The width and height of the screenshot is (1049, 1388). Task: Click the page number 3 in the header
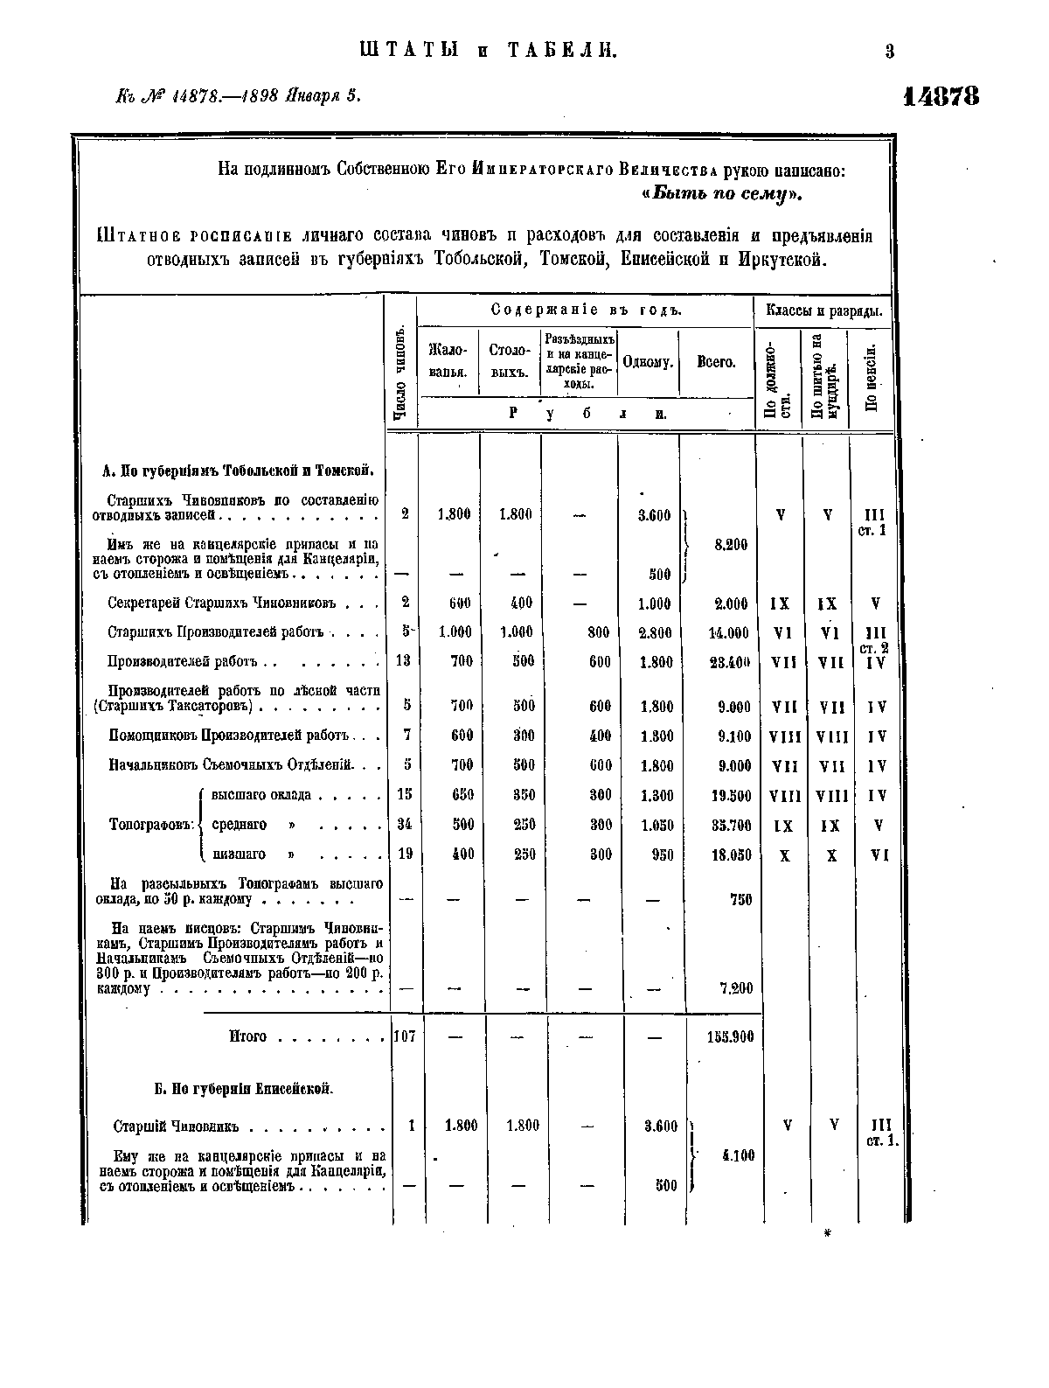[889, 52]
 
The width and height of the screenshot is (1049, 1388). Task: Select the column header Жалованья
[449, 360]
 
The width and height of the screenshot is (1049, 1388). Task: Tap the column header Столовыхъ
[511, 360]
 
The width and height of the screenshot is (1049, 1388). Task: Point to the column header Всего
[716, 361]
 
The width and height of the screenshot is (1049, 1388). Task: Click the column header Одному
[648, 361]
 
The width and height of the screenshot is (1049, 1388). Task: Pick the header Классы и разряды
[823, 310]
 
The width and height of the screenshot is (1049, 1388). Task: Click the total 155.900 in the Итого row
[730, 1037]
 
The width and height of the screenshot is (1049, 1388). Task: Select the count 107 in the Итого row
[403, 1036]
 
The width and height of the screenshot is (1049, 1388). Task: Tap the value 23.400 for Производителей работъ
[730, 662]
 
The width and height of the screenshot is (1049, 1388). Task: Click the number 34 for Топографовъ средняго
[404, 824]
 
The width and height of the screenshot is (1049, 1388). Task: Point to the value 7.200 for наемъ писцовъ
[734, 988]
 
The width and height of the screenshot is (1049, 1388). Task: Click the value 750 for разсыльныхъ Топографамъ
[740, 899]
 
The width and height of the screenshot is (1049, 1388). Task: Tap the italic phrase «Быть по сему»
[722, 193]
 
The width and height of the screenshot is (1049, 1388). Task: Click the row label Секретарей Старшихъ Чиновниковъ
[222, 603]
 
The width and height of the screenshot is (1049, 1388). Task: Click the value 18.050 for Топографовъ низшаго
[732, 855]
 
